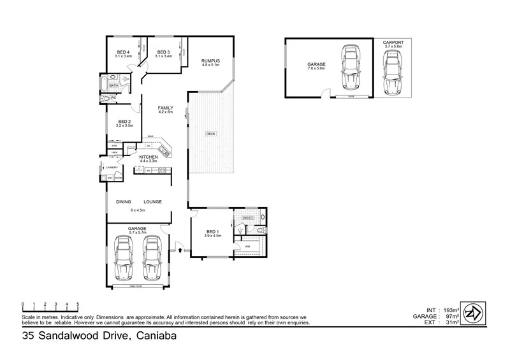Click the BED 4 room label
coord(123,52)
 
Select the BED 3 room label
coord(163,52)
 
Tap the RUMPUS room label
coord(210,61)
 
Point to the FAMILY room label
coord(166,108)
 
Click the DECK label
coord(210,134)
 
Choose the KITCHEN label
coord(149,157)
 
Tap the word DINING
coord(124,202)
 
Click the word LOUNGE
coord(152,202)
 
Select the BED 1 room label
coord(212,232)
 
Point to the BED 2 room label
coord(124,122)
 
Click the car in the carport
coord(393,68)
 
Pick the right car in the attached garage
coord(152,259)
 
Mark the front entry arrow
coord(181,250)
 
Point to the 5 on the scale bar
coord(78,304)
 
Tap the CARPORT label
coord(393,42)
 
